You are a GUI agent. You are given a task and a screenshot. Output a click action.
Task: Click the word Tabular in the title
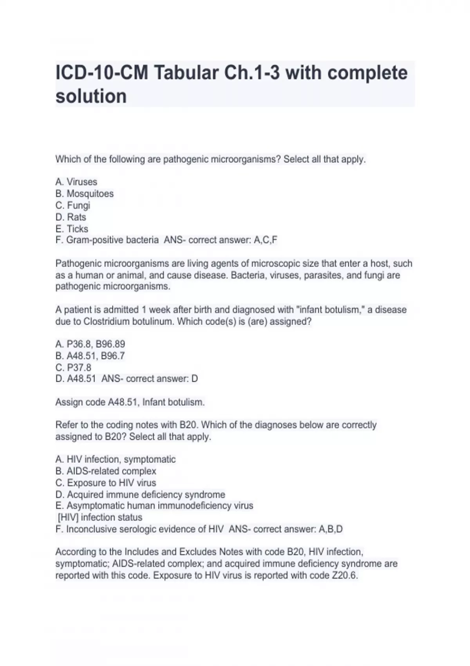pyautogui.click(x=184, y=73)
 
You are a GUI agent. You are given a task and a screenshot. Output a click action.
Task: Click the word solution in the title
pyautogui.click(x=91, y=96)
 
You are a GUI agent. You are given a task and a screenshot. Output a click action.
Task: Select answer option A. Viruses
pyautogui.click(x=76, y=182)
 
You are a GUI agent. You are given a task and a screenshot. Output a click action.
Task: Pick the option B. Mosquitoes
pyautogui.click(x=85, y=194)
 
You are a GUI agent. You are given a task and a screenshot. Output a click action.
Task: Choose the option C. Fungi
pyautogui.click(x=73, y=205)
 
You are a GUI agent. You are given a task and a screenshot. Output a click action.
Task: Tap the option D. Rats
pyautogui.click(x=71, y=217)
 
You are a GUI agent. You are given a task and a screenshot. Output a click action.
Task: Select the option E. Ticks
pyautogui.click(x=72, y=229)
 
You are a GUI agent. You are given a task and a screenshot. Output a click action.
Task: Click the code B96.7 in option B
pyautogui.click(x=113, y=356)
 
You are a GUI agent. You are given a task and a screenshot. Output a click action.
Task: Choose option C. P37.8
pyautogui.click(x=73, y=367)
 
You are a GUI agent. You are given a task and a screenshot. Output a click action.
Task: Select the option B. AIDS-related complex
pyautogui.click(x=106, y=471)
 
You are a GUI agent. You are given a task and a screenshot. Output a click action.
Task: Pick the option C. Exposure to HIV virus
pyautogui.click(x=106, y=483)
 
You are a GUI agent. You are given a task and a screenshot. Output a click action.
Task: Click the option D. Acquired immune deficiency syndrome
pyautogui.click(x=140, y=494)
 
